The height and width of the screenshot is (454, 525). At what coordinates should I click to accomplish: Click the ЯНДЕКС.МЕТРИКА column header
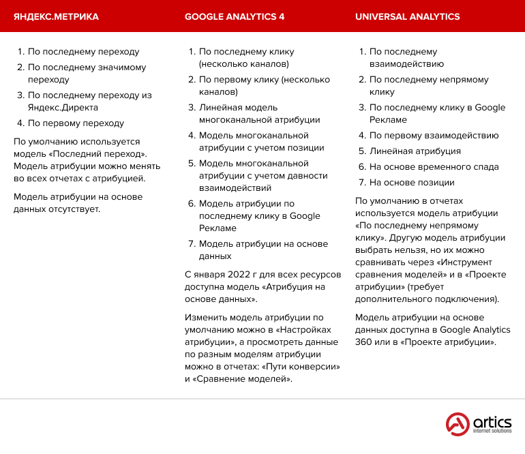pos(57,17)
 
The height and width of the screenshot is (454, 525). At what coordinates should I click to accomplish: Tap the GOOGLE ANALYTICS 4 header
pos(235,17)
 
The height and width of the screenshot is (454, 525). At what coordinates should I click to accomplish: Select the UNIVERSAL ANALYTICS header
pos(408,17)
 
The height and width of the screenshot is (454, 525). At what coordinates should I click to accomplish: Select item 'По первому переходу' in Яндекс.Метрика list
pos(76,123)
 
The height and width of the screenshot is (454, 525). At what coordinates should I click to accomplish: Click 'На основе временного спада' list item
pos(434,167)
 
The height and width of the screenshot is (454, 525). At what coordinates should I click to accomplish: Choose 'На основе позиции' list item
pos(411,183)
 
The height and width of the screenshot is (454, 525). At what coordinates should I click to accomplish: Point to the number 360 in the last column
pos(363,342)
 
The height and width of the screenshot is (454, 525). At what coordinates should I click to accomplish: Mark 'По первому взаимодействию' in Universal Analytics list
pos(434,136)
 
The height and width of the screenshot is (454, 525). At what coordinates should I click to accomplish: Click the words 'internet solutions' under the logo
pos(493,432)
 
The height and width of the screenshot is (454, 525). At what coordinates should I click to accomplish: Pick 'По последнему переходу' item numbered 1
pos(83,51)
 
